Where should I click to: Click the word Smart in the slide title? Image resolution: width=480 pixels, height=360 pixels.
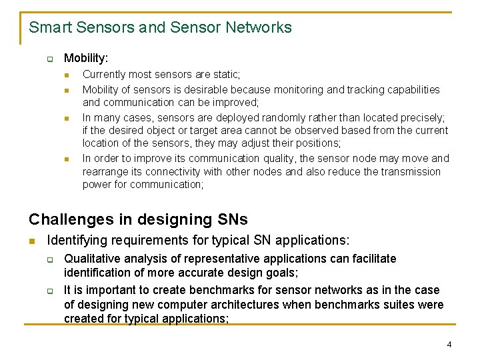pos(51,27)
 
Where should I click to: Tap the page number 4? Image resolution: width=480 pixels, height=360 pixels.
pos(449,345)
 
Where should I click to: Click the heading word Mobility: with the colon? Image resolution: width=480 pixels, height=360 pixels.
pos(86,58)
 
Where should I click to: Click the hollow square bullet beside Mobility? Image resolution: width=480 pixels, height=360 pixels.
pos(50,59)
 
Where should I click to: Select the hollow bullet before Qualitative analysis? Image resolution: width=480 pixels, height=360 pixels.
pos(50,259)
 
